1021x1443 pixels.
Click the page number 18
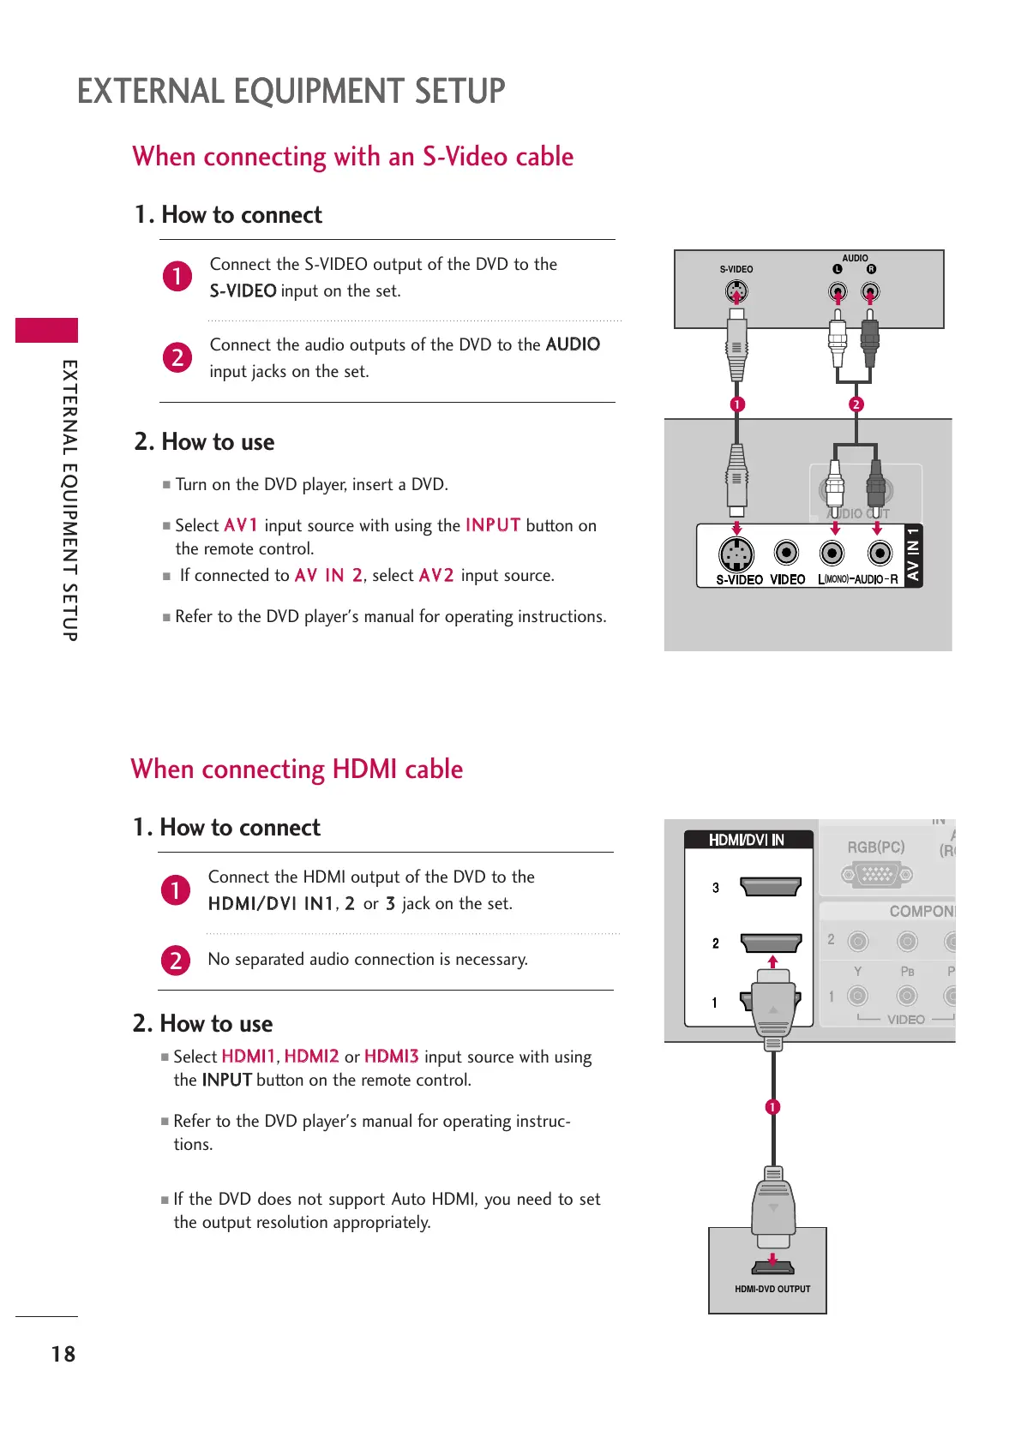[x=63, y=1354]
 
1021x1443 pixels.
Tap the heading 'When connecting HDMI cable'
[x=297, y=769]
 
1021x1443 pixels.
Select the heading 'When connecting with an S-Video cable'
[x=352, y=157]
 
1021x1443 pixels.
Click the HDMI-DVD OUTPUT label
[x=772, y=1289]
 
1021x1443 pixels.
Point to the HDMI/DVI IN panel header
[x=747, y=840]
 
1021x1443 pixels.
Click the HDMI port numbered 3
[x=770, y=886]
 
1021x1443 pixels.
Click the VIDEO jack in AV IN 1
[x=786, y=553]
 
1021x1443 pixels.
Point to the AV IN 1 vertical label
[x=914, y=554]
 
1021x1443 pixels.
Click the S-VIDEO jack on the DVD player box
[x=736, y=292]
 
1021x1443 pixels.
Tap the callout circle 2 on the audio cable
[x=856, y=404]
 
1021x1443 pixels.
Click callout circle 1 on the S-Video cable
[x=737, y=404]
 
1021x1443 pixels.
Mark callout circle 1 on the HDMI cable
[x=772, y=1107]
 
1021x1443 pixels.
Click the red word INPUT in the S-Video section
[x=493, y=525]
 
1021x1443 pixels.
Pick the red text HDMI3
[x=391, y=1057]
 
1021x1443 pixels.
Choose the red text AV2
[x=436, y=575]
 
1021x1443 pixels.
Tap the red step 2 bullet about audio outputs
[x=177, y=356]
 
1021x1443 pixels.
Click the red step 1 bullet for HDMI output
[x=176, y=889]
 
